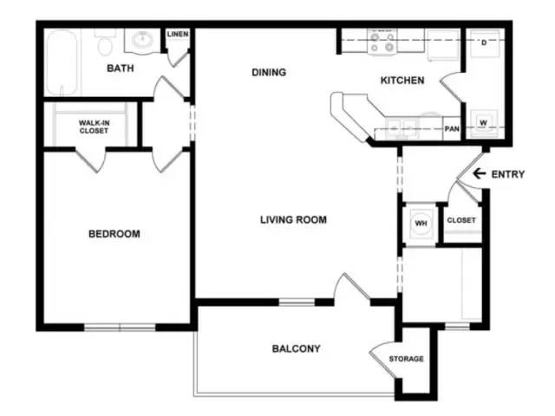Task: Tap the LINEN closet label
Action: pos(178,34)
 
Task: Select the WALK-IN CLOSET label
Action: pos(94,127)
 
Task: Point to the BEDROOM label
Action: pos(114,234)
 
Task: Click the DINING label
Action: pos(269,73)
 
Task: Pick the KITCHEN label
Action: pos(402,81)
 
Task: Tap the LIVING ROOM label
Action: pos(293,220)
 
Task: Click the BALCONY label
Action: pos(297,349)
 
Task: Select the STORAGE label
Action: pos(406,359)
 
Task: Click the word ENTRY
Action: pos(508,174)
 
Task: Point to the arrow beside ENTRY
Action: pos(478,174)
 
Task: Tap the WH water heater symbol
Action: pos(421,223)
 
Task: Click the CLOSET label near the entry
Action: pos(461,221)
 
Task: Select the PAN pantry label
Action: pos(452,129)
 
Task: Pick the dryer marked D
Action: pos(483,42)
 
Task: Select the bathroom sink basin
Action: pos(140,40)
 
